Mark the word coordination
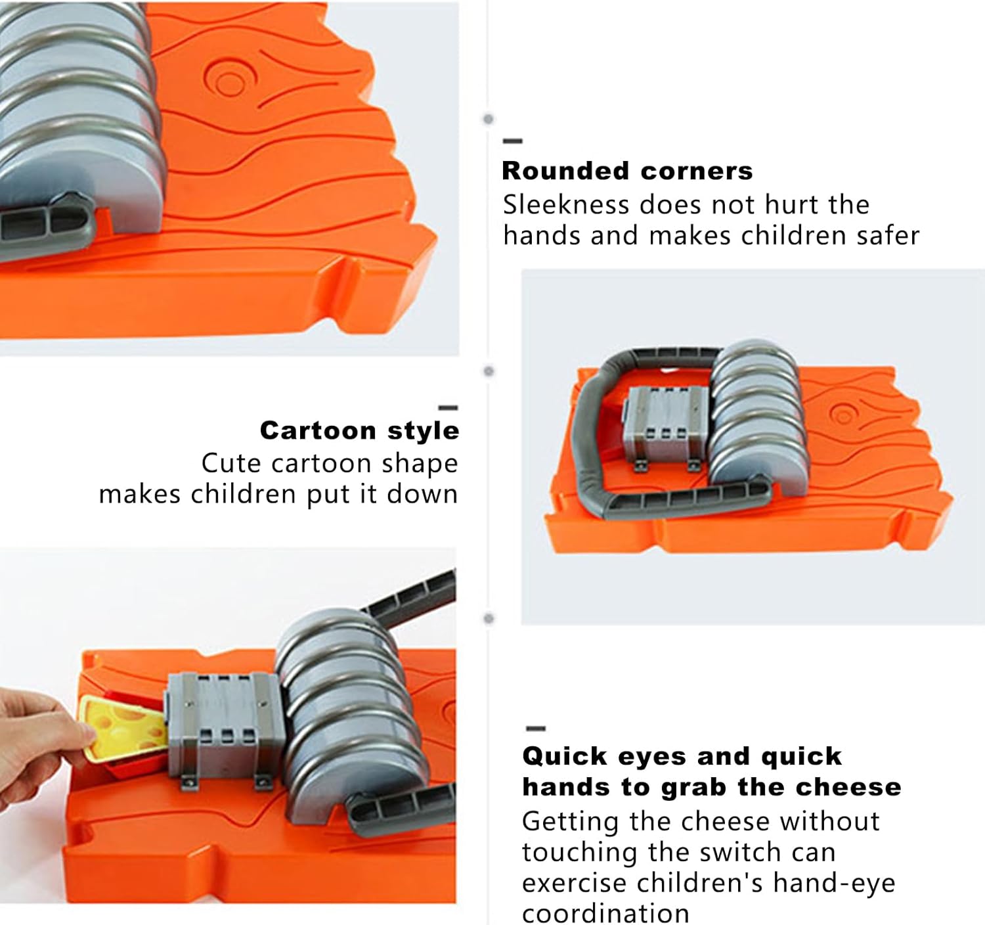605,914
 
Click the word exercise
575,884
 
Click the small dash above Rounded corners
512,141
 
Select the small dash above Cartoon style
448,408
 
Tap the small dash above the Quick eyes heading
536,729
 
